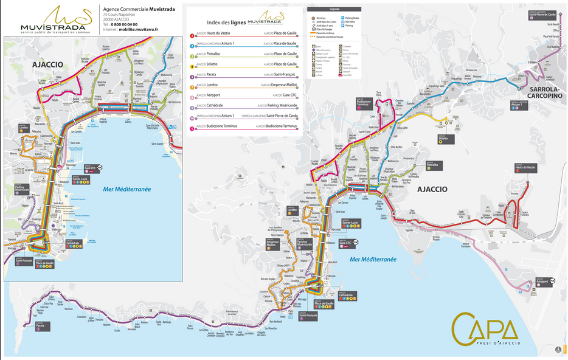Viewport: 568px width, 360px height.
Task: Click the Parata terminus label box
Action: click(x=40, y=326)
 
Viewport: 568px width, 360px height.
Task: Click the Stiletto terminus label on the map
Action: click(x=443, y=139)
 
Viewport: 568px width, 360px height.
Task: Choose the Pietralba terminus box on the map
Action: click(x=432, y=165)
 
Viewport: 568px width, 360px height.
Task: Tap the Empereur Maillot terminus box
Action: click(x=273, y=245)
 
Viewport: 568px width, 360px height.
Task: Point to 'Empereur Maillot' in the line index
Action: click(x=280, y=85)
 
